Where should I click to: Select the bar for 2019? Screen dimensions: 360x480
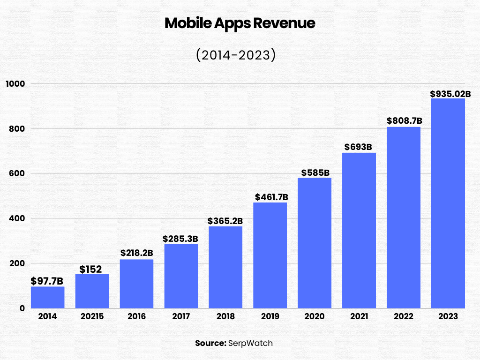tap(270, 255)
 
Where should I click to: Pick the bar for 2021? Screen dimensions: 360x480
tap(359, 230)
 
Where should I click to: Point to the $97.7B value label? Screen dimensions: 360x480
tap(47, 281)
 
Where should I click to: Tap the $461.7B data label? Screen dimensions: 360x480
tap(271, 197)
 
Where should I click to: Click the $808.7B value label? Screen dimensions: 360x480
tap(404, 120)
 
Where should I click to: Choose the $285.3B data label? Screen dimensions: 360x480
tap(180, 239)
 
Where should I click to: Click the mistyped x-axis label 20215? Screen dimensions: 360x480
tap(92, 317)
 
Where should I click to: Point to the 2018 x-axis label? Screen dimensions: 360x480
tap(225, 317)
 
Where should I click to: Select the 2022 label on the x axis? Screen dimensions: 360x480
tap(404, 317)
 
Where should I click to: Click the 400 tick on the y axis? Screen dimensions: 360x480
tap(17, 218)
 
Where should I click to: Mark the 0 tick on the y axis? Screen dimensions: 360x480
tap(22, 308)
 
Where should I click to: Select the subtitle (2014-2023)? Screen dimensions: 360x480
tap(235, 55)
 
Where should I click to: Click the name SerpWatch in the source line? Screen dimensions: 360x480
tap(250, 343)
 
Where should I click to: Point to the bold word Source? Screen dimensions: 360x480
tap(210, 343)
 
